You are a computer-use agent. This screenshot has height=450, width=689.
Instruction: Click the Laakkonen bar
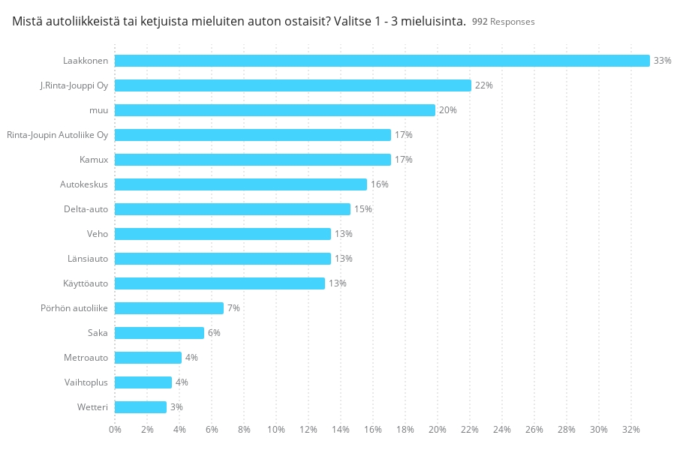click(x=382, y=61)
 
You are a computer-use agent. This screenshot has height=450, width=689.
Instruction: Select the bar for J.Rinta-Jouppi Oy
click(x=293, y=85)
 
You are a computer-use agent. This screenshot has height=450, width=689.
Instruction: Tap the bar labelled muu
click(x=275, y=110)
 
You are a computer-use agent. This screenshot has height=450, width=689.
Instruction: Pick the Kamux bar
click(x=253, y=160)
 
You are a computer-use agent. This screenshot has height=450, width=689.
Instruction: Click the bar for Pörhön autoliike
click(x=169, y=308)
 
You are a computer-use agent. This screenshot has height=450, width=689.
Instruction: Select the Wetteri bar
click(x=140, y=407)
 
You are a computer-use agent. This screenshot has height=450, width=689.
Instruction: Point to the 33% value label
click(x=662, y=61)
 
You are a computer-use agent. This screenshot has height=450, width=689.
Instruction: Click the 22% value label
click(x=483, y=85)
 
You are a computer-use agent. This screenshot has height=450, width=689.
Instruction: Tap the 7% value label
click(x=233, y=308)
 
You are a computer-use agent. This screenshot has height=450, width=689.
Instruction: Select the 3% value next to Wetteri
click(x=176, y=407)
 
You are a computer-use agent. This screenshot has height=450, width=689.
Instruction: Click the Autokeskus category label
click(x=84, y=184)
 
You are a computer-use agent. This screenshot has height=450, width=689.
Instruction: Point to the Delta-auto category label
click(x=86, y=209)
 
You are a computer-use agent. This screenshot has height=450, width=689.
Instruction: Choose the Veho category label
click(x=98, y=234)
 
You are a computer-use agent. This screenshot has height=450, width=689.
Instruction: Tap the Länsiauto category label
click(x=88, y=259)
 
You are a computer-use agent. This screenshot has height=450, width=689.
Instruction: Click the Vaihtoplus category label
click(x=86, y=382)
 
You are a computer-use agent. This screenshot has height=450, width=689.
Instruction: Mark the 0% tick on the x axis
click(x=115, y=429)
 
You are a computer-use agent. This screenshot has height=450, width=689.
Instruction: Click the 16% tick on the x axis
click(x=373, y=429)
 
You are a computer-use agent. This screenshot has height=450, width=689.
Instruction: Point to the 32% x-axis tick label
click(x=630, y=429)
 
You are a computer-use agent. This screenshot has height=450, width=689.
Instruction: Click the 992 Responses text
click(x=503, y=22)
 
